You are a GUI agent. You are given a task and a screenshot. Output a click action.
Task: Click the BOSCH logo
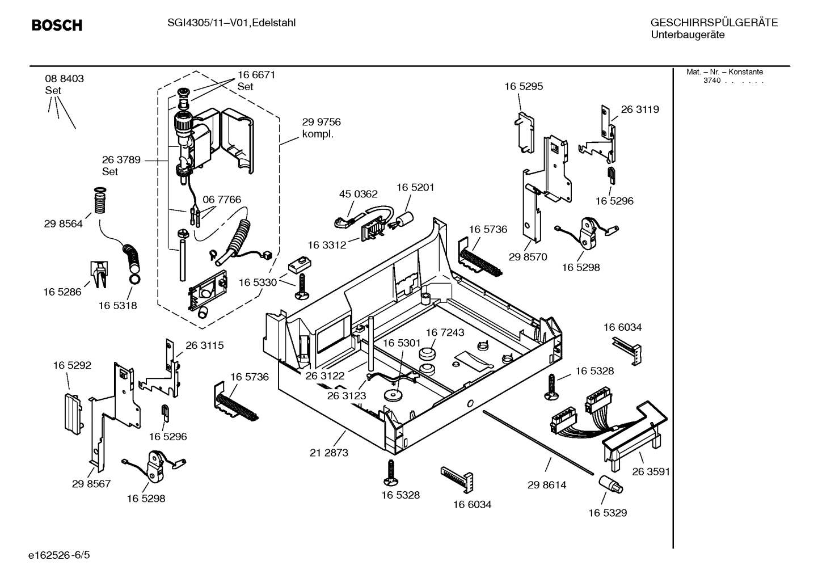[x=57, y=26]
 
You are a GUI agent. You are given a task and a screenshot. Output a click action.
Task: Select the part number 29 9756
[x=321, y=122]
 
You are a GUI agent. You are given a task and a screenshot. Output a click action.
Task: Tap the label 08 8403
[x=64, y=79]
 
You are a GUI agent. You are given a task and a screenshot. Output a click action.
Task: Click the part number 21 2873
[x=329, y=453]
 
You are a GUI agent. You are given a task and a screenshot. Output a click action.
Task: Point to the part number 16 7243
[x=445, y=332]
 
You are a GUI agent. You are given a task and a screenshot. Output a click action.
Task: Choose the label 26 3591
[x=651, y=471]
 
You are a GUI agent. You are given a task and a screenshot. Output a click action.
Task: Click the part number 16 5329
[x=607, y=513]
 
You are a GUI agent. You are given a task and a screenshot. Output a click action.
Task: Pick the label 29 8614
[x=547, y=485]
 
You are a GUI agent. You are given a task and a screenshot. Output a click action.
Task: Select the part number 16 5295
[x=524, y=86]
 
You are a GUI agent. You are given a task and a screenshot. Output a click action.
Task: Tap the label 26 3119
[x=640, y=109]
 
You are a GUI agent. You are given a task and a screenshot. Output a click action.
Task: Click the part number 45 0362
[x=358, y=194]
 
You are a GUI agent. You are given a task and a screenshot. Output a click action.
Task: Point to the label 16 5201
[x=415, y=187]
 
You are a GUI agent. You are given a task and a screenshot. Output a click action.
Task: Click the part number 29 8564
[x=63, y=224]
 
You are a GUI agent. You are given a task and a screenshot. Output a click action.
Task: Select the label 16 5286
[x=62, y=292]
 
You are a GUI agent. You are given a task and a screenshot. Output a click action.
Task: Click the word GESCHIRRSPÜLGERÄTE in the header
[x=714, y=23]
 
